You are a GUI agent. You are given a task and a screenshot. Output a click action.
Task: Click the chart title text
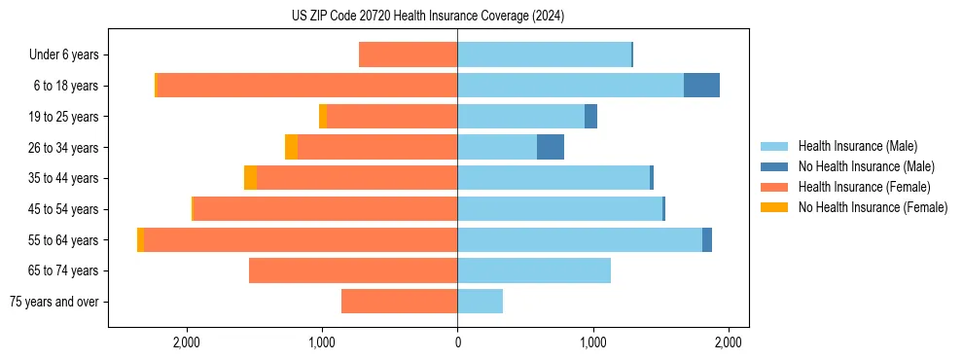click(x=427, y=17)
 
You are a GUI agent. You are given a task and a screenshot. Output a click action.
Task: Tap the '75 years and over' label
click(x=53, y=302)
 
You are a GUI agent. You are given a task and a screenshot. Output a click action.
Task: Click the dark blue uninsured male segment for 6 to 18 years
click(x=701, y=86)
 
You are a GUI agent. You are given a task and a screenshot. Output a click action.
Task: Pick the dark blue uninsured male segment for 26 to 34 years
click(x=551, y=148)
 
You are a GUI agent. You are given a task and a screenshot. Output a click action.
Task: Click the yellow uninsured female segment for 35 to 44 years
click(x=250, y=178)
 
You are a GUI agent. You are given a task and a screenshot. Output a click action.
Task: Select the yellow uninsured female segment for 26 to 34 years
click(x=291, y=148)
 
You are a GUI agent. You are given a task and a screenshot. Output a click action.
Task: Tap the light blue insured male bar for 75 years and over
click(x=481, y=302)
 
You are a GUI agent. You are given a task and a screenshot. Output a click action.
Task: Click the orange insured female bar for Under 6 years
click(x=409, y=55)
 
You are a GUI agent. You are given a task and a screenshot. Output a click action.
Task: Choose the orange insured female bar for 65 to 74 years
click(x=353, y=270)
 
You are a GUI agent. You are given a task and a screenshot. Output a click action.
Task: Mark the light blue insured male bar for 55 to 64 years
click(x=580, y=240)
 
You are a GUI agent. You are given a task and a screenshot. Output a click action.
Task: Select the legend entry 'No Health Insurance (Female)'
click(x=873, y=207)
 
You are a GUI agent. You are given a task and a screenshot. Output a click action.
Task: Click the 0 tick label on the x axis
click(x=457, y=342)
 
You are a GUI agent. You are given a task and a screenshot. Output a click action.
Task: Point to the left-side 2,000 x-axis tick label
click(x=186, y=342)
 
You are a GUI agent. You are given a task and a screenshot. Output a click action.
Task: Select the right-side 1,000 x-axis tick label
click(x=593, y=342)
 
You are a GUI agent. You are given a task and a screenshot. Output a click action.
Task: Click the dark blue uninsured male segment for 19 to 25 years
click(x=590, y=117)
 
